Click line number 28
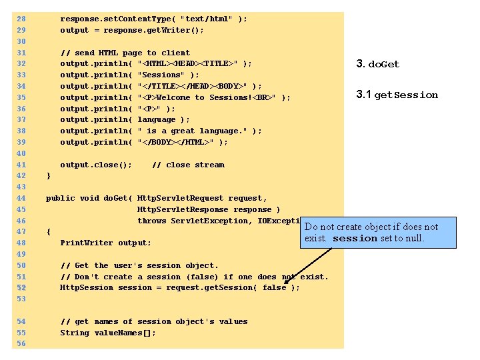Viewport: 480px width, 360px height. pyautogui.click(x=21, y=19)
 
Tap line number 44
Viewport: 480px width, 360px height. pyautogui.click(x=21, y=198)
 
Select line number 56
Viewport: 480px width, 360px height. pyautogui.click(x=21, y=343)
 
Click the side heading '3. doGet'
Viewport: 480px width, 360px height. pyautogui.click(x=378, y=64)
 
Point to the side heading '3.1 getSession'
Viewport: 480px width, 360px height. pyautogui.click(x=397, y=95)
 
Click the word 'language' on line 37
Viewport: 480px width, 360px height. pyautogui.click(x=157, y=119)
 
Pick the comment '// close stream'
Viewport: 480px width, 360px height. pyautogui.click(x=188, y=165)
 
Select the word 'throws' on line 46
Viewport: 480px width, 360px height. pyautogui.click(x=151, y=221)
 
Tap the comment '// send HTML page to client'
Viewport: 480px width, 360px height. pyautogui.click(x=125, y=53)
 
